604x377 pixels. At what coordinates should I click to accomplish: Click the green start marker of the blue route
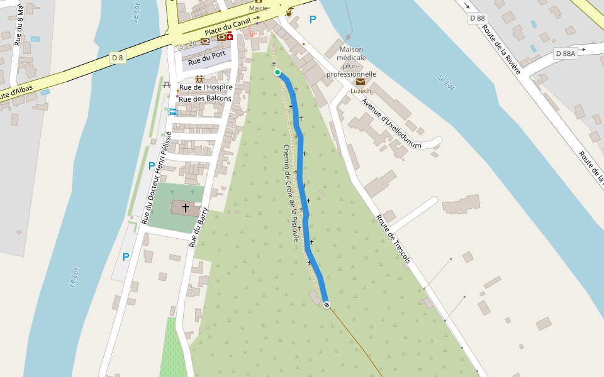pyautogui.click(x=277, y=72)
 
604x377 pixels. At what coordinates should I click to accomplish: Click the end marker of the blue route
pyautogui.click(x=326, y=305)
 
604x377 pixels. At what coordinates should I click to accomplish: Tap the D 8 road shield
pyautogui.click(x=117, y=58)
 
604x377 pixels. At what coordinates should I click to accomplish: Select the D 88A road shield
pyautogui.click(x=565, y=53)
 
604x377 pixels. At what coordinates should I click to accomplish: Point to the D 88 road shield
pyautogui.click(x=477, y=18)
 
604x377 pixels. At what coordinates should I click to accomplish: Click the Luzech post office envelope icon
pyautogui.click(x=360, y=82)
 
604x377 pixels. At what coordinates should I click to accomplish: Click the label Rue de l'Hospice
pyautogui.click(x=206, y=87)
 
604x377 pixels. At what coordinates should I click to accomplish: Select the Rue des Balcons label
pyautogui.click(x=205, y=99)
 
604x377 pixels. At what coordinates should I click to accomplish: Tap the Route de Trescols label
pyautogui.click(x=393, y=239)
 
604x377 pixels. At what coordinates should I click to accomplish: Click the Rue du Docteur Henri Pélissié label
pyautogui.click(x=157, y=178)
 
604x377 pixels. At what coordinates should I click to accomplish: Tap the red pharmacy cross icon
pyautogui.click(x=230, y=37)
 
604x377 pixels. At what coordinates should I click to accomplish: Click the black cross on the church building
pyautogui.click(x=185, y=207)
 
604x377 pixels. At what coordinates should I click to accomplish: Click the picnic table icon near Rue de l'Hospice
pyautogui.click(x=167, y=84)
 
